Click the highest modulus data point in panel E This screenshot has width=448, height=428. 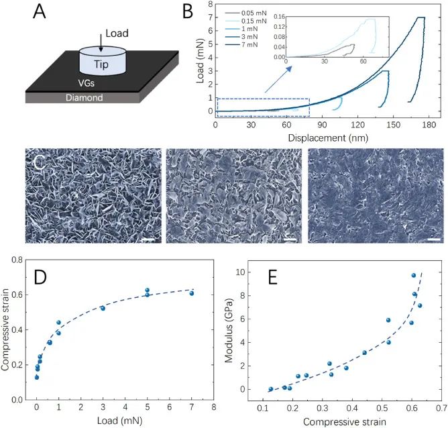point(414,275)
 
